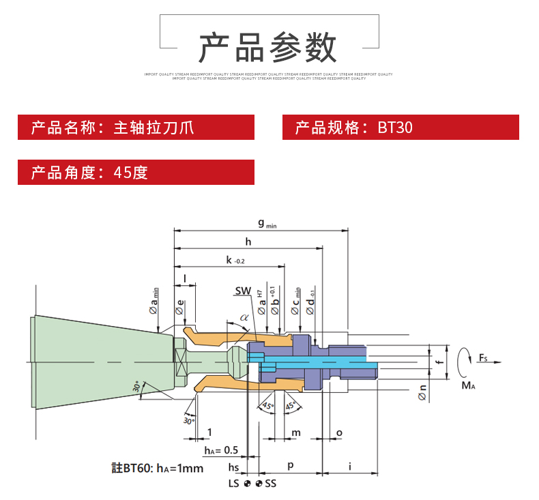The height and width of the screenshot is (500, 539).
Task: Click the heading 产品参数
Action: coord(268,48)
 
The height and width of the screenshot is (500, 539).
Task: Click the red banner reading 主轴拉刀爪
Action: coord(136,128)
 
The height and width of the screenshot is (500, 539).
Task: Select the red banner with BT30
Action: coord(400,128)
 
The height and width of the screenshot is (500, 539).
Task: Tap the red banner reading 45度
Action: coord(136,172)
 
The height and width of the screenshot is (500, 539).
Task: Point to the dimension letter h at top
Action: coord(248,241)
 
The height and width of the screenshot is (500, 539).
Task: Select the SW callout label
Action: coord(243,291)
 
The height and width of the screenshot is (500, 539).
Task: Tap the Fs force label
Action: coord(482,357)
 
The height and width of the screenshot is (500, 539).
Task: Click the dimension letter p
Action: coord(290,465)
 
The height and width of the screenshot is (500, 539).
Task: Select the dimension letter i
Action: coord(349,466)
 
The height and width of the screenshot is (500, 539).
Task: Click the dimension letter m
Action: coord(296,433)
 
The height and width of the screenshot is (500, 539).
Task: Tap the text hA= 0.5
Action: coord(221,450)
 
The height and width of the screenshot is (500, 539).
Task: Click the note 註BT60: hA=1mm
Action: coord(158,469)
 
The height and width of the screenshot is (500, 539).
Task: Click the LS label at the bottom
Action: coord(234,483)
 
